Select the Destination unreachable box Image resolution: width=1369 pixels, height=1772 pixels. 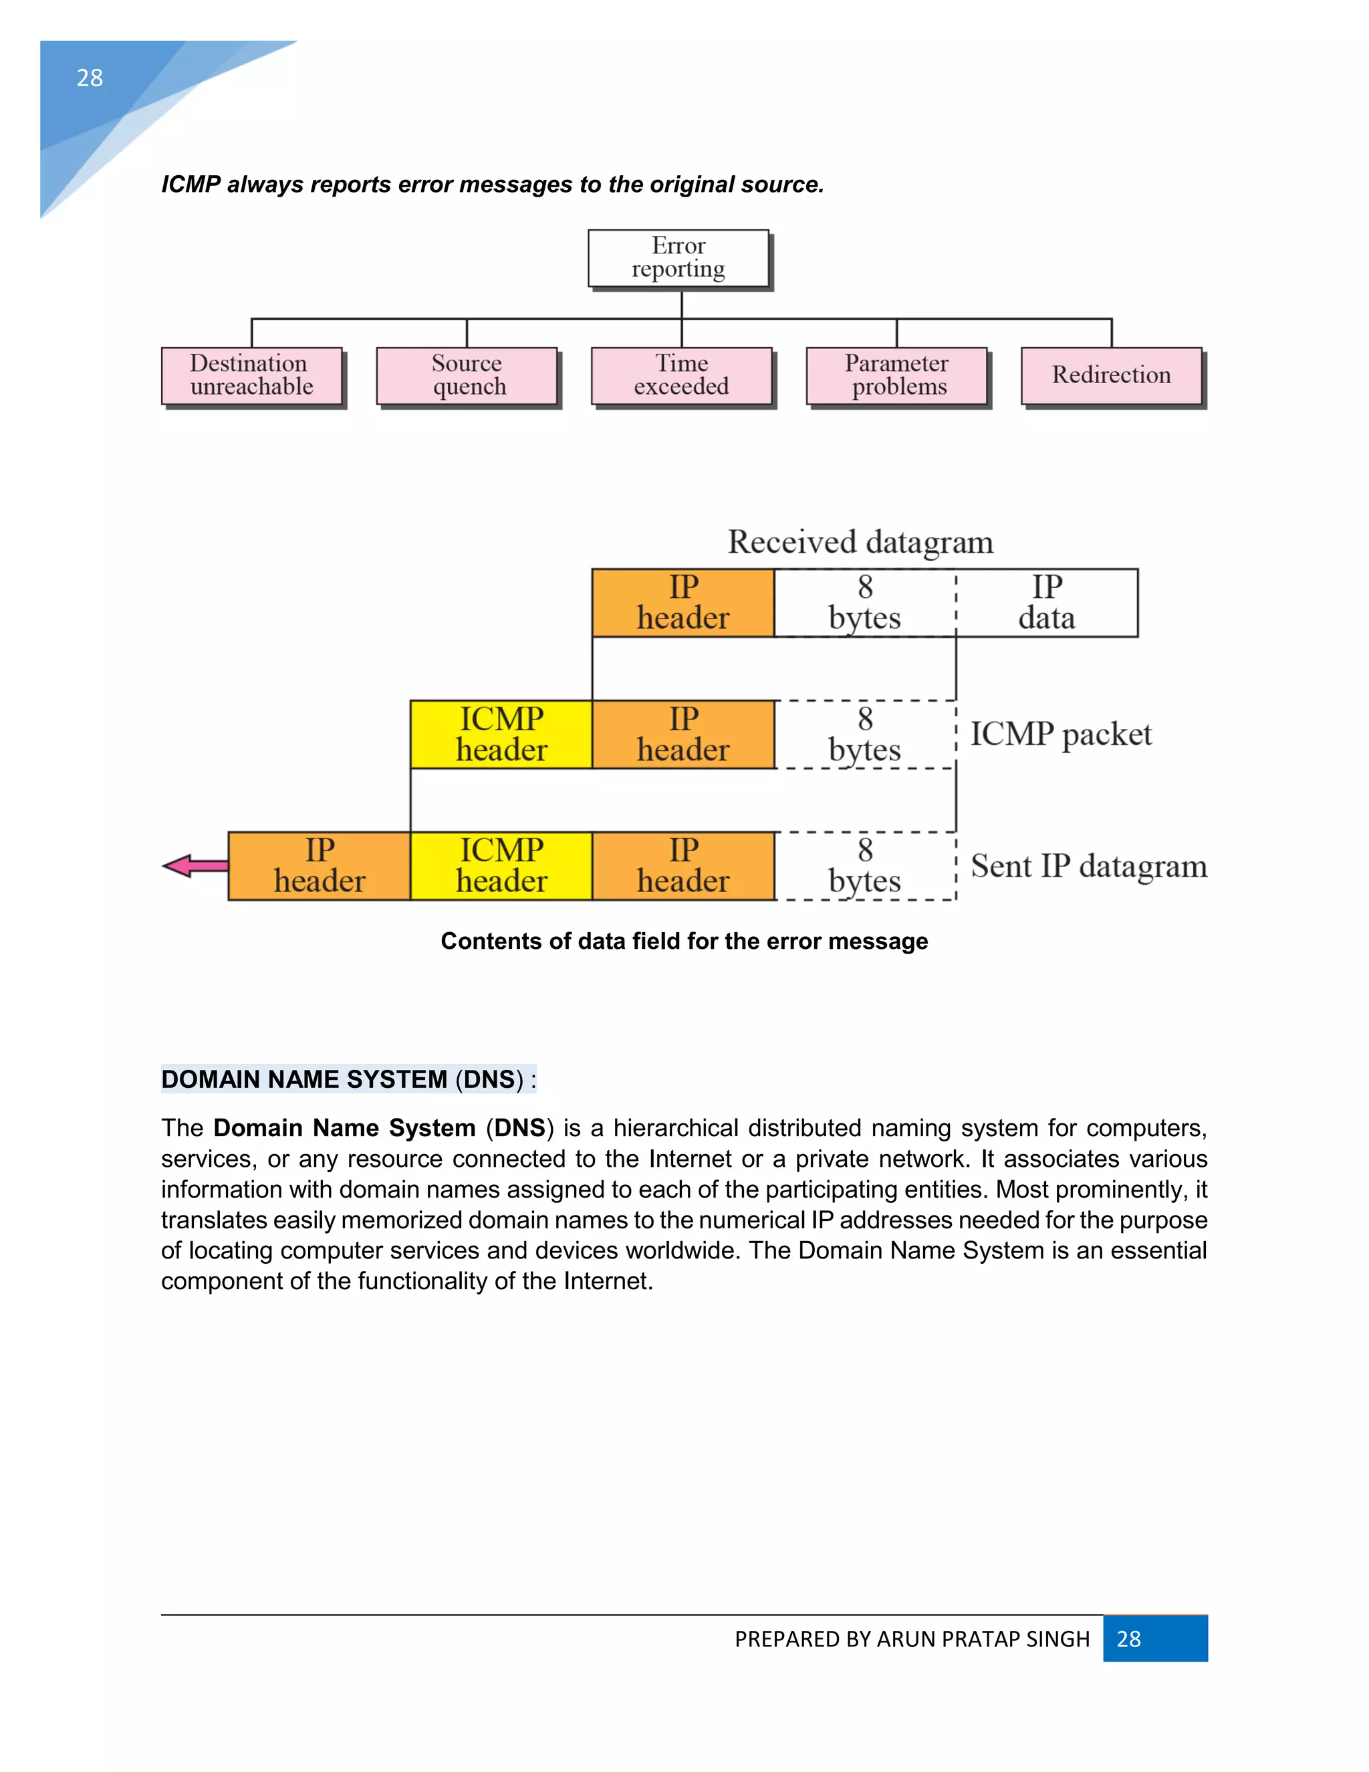(x=251, y=376)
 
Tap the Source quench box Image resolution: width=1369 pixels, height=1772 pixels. (x=467, y=376)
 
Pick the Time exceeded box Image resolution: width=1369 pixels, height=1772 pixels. (x=681, y=376)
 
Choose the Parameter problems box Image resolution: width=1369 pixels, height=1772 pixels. (x=896, y=376)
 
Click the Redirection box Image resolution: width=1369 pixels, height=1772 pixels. (x=1111, y=376)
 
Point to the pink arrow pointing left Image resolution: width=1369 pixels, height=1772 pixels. (x=195, y=866)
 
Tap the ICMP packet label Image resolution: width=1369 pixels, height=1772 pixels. (x=1061, y=734)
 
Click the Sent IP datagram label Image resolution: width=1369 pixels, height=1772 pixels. (x=1088, y=867)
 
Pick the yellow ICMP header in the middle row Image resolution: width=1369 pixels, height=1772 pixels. (x=501, y=734)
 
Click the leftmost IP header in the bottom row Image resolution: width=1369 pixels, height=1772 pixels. (x=320, y=866)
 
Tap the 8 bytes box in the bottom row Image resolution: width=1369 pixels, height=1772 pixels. (x=864, y=866)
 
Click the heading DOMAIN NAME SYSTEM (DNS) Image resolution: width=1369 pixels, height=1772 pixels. (x=348, y=1079)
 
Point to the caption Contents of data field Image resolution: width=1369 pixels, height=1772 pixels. (x=684, y=942)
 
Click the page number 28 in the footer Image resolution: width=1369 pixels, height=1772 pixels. (x=1128, y=1639)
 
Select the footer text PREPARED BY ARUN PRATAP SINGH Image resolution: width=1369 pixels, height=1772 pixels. (x=912, y=1640)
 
